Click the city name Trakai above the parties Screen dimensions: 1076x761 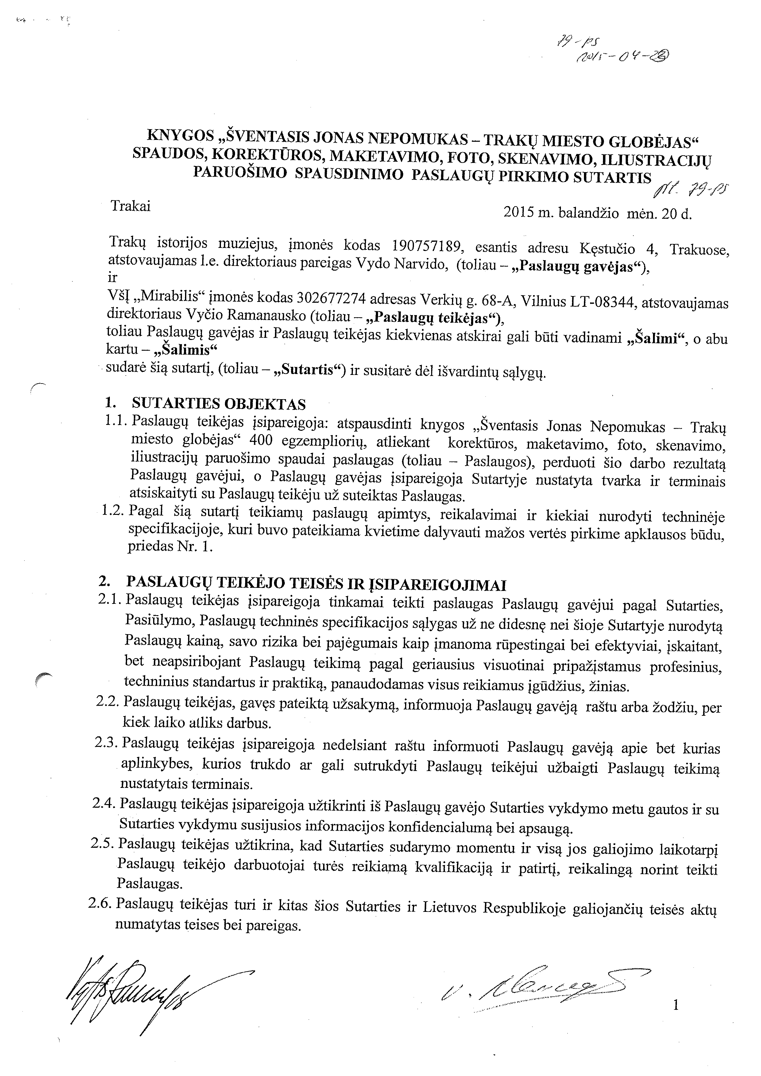(130, 206)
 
